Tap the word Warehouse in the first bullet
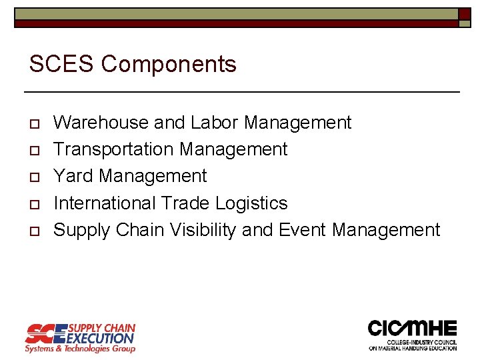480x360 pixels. [101, 123]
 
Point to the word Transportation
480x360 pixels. [113, 149]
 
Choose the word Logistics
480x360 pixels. [256, 203]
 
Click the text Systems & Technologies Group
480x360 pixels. [80, 349]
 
